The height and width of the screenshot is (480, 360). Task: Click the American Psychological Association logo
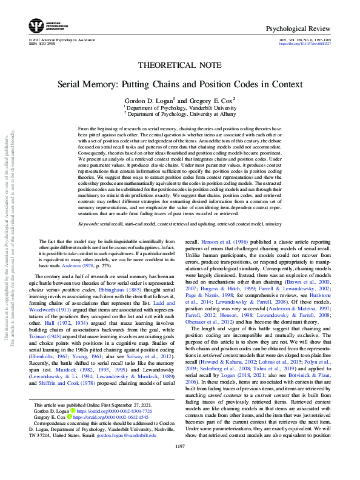(37, 26)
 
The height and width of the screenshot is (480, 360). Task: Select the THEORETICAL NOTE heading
(179, 64)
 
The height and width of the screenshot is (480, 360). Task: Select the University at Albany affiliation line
(180, 113)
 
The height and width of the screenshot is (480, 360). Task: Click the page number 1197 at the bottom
(179, 464)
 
